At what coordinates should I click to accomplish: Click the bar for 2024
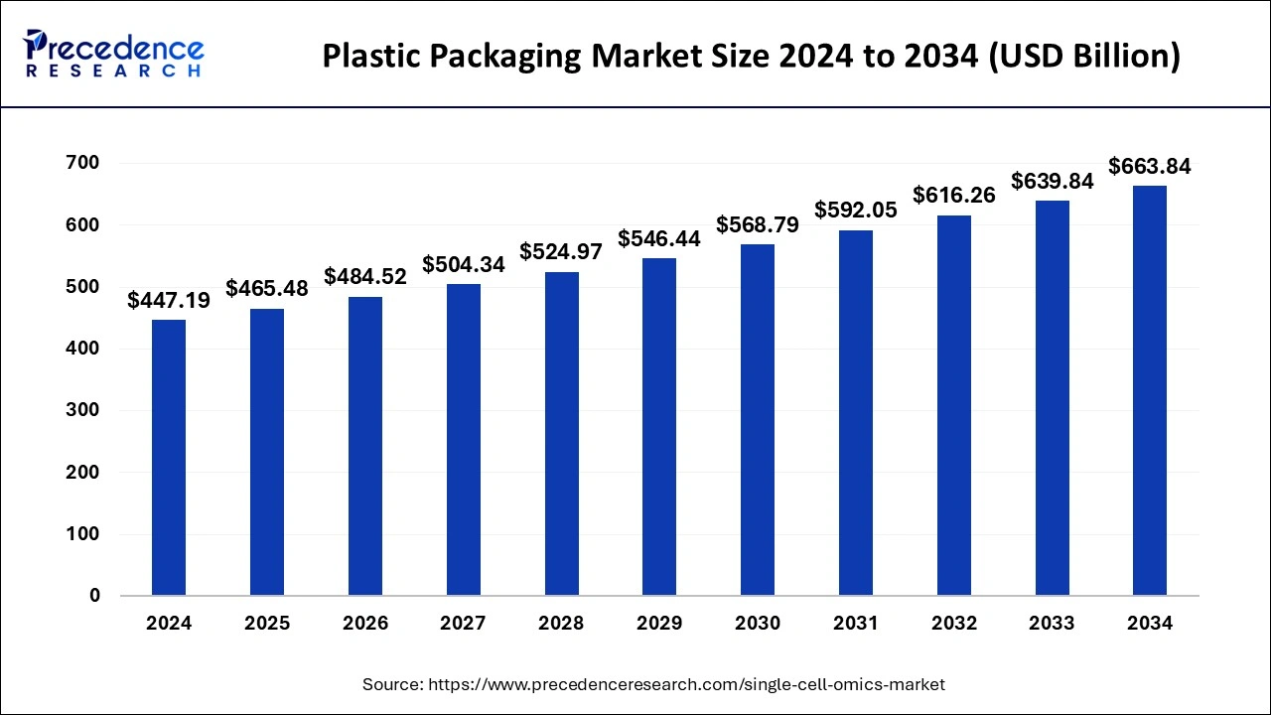tap(168, 458)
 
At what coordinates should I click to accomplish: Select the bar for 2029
tap(659, 427)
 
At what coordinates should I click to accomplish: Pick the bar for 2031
tap(855, 413)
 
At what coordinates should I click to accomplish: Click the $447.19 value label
tap(169, 301)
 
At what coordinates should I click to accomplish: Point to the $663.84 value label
tap(1150, 167)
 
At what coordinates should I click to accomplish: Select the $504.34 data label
tap(464, 265)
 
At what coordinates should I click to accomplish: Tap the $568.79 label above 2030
tap(758, 225)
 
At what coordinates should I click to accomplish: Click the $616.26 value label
tap(954, 196)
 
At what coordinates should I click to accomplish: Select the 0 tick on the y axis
tap(94, 596)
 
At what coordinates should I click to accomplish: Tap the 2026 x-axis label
tap(365, 624)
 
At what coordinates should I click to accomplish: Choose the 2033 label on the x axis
tap(1052, 624)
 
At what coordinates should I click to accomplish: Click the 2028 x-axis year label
tap(561, 624)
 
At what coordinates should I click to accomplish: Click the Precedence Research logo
tap(113, 54)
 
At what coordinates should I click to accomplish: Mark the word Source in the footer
tap(393, 684)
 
